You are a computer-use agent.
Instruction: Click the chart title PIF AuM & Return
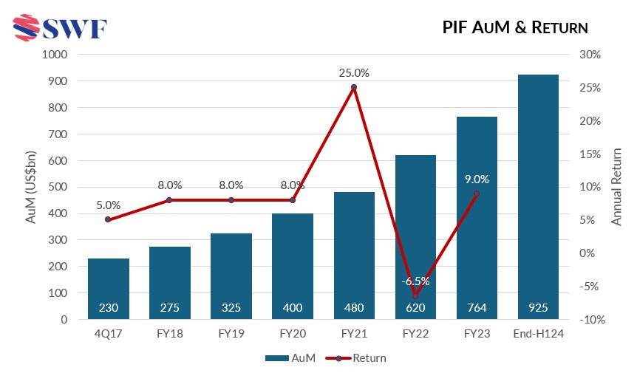click(x=515, y=28)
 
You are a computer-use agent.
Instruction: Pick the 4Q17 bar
click(x=109, y=288)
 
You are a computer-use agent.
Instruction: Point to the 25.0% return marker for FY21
click(x=354, y=87)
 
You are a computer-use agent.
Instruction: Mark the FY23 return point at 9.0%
click(x=477, y=194)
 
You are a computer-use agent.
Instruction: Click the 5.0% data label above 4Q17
click(x=109, y=206)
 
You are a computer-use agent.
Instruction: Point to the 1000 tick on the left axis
click(x=54, y=55)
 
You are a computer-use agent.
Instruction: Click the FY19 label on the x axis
click(x=231, y=333)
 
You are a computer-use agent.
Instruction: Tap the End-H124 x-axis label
click(x=538, y=333)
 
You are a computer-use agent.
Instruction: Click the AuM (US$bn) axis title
click(x=30, y=187)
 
